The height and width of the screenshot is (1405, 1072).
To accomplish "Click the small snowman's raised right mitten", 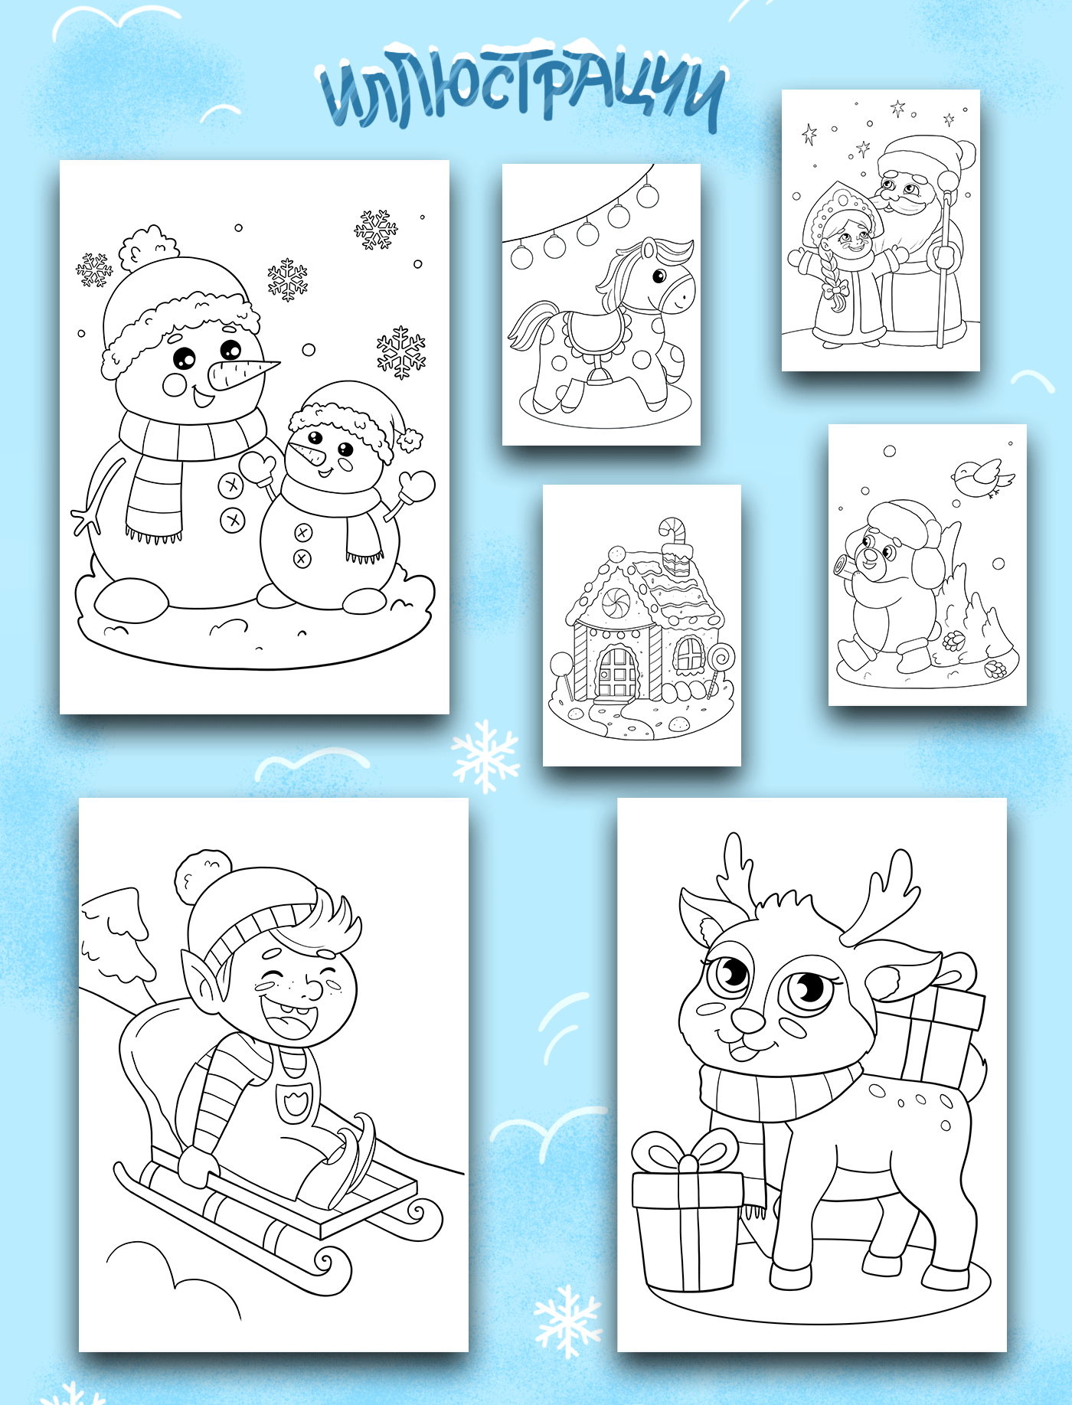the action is coord(416,485).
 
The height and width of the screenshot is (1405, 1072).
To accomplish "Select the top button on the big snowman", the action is coord(230,485).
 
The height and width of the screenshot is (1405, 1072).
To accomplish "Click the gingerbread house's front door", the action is coord(617,672).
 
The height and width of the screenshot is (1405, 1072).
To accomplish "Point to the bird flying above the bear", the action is coord(982,478).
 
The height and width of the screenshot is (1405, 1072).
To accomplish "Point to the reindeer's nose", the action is coord(748,1019).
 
